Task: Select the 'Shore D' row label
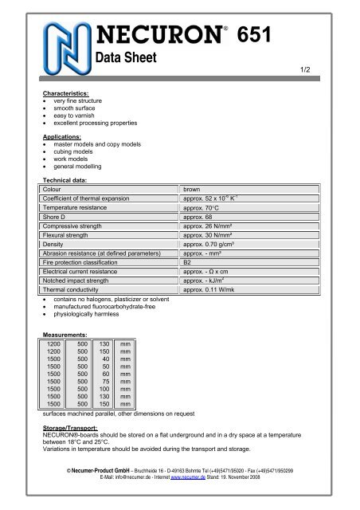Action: [57, 217]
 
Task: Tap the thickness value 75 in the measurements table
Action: [106, 382]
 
